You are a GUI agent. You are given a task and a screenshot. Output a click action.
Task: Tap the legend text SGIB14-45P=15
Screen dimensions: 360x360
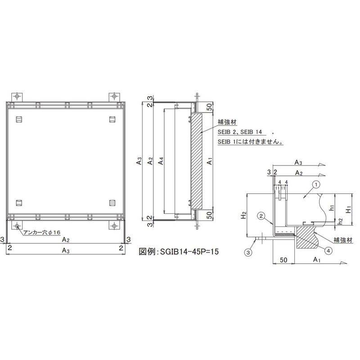click(189, 252)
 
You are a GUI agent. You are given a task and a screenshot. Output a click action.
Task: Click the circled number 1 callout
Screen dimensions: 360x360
click(316, 184)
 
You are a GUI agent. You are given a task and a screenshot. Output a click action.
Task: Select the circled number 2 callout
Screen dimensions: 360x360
click(261, 216)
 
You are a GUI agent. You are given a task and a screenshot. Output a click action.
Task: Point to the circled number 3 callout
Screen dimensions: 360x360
click(248, 252)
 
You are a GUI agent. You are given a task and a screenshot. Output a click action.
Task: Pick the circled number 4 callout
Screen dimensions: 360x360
click(328, 251)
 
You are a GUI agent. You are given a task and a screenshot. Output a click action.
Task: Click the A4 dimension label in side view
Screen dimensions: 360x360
click(161, 161)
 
